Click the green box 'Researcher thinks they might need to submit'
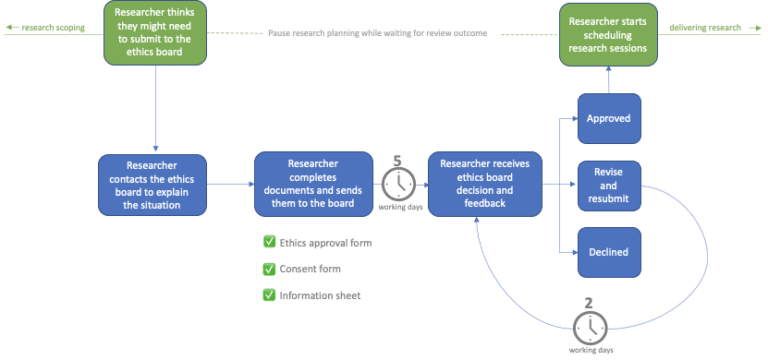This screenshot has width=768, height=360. pyautogui.click(x=156, y=33)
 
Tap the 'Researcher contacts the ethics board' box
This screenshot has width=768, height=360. pyautogui.click(x=153, y=184)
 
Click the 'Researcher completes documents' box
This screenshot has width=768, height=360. pyautogui.click(x=311, y=184)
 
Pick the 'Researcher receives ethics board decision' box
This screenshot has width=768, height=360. pyautogui.click(x=485, y=184)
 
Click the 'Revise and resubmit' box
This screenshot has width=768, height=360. pyautogui.click(x=609, y=185)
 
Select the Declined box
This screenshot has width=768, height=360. pyautogui.click(x=609, y=250)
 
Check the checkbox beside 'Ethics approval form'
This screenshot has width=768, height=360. pyautogui.click(x=267, y=242)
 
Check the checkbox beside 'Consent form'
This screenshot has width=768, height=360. pyautogui.click(x=267, y=269)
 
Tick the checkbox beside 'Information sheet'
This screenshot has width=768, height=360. pyautogui.click(x=267, y=296)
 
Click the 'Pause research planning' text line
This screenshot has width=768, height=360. pyautogui.click(x=378, y=33)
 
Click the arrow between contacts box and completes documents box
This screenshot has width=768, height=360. pyautogui.click(x=230, y=184)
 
